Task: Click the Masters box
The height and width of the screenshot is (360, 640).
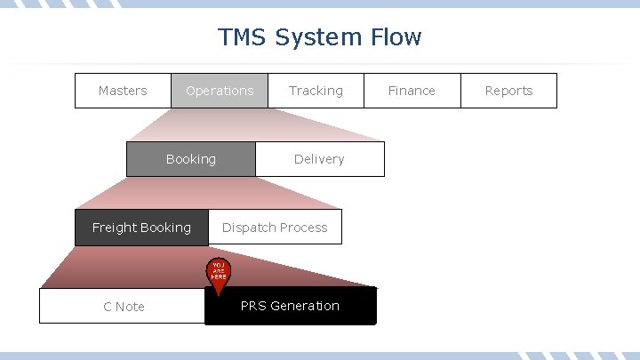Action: click(x=123, y=91)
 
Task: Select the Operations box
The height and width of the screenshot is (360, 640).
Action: click(x=220, y=91)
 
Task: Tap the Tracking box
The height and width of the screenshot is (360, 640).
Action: click(x=316, y=91)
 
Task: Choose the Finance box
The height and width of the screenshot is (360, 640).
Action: click(x=412, y=91)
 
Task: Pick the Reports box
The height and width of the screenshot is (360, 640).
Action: click(x=508, y=91)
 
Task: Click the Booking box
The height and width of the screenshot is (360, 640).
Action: click(x=191, y=159)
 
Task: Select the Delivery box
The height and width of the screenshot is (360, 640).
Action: click(x=319, y=159)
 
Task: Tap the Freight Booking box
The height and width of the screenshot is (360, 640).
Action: click(x=141, y=228)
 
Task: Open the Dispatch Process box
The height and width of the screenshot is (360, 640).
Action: click(x=275, y=228)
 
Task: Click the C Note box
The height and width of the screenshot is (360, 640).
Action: click(x=124, y=307)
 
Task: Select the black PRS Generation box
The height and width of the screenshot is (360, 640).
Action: click(x=291, y=306)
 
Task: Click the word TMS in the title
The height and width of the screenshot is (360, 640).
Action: click(x=242, y=37)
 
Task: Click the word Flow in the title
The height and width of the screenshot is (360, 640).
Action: click(x=395, y=37)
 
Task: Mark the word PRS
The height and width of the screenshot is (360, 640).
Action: click(x=253, y=306)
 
